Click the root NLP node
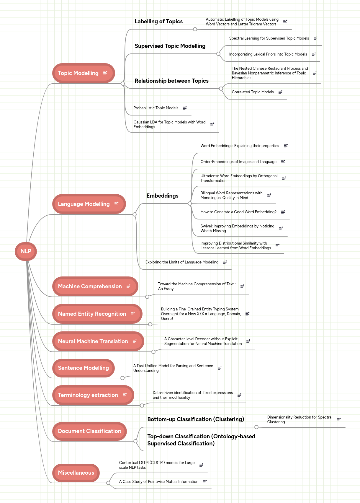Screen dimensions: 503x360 point(26,251)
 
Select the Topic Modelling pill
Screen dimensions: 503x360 point(78,73)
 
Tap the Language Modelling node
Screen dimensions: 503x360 point(84,204)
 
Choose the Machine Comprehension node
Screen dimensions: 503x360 point(90,287)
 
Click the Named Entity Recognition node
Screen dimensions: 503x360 point(92,314)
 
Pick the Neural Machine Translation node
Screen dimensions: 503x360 point(93,341)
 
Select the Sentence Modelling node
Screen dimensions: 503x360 point(84,368)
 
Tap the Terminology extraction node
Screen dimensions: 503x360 point(88,395)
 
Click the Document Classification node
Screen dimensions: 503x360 point(89,431)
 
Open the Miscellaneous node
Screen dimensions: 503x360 point(76,473)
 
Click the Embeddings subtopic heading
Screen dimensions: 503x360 point(162,196)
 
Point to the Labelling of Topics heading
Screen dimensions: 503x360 point(158,22)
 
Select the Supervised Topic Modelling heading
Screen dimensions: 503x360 point(170,46)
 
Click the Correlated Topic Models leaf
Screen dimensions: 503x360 point(253,92)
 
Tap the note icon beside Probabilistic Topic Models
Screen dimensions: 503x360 point(185,108)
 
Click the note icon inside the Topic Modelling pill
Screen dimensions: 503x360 point(105,73)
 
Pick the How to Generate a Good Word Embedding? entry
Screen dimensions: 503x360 point(238,212)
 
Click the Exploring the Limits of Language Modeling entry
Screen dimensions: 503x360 point(182,262)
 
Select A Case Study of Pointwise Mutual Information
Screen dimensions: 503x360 point(158,482)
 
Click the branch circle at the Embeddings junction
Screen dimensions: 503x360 point(190,204)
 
